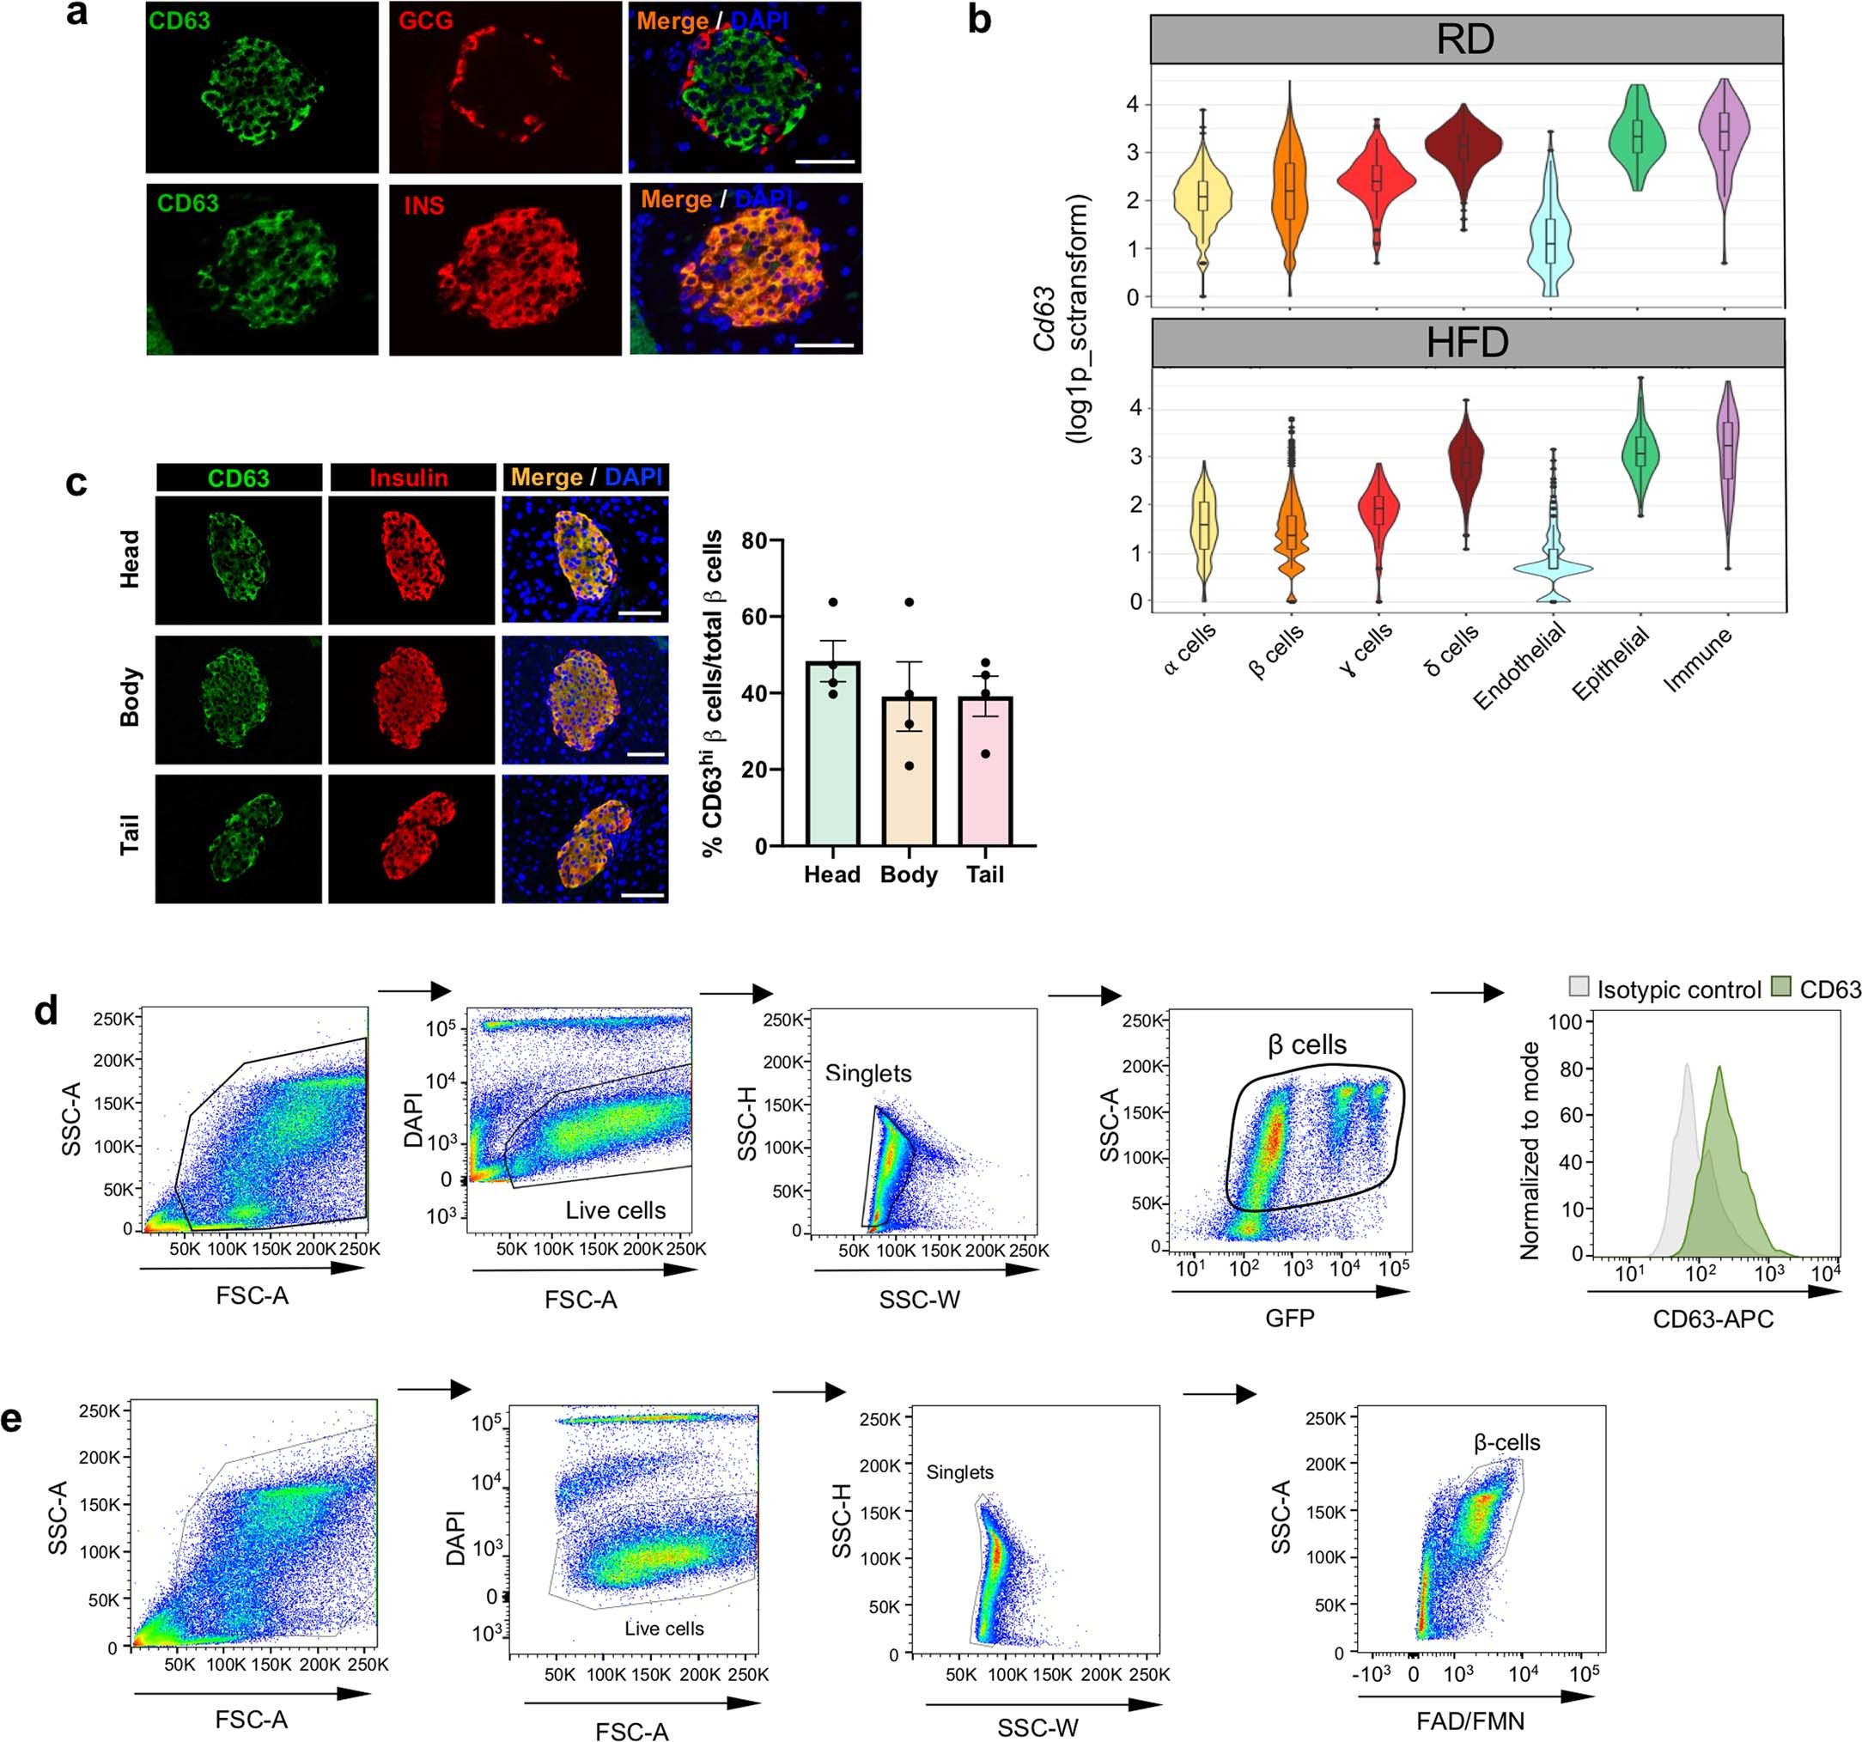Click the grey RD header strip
pyautogui.click(x=1466, y=40)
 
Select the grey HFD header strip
pyautogui.click(x=1467, y=343)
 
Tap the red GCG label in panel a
pyautogui.click(x=426, y=21)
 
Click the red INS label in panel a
pyautogui.click(x=423, y=205)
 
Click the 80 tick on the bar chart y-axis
pyautogui.click(x=754, y=541)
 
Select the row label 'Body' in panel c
pyautogui.click(x=131, y=697)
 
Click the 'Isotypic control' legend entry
pyautogui.click(x=1678, y=990)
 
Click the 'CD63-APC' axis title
pyautogui.click(x=1713, y=1319)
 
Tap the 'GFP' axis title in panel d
pyautogui.click(x=1290, y=1319)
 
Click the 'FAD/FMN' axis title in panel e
pyautogui.click(x=1470, y=1721)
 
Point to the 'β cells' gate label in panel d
pyautogui.click(x=1306, y=1045)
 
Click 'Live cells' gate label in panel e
pyautogui.click(x=664, y=1629)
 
